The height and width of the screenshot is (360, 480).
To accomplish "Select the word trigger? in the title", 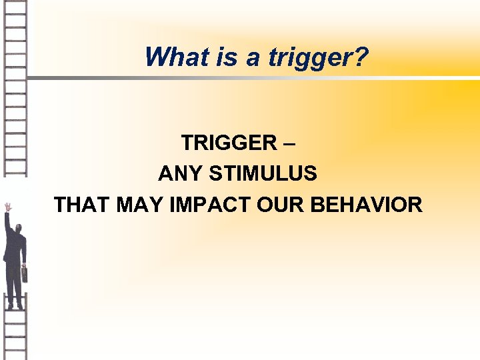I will click(318, 59).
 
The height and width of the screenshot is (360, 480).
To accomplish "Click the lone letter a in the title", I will click(252, 59).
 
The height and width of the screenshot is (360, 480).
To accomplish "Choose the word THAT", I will click(82, 205).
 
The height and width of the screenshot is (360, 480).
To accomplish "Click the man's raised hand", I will click(8, 207).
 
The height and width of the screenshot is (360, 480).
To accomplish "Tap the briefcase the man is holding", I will click(25, 273).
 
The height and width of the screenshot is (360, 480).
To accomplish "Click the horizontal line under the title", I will click(253, 78).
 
